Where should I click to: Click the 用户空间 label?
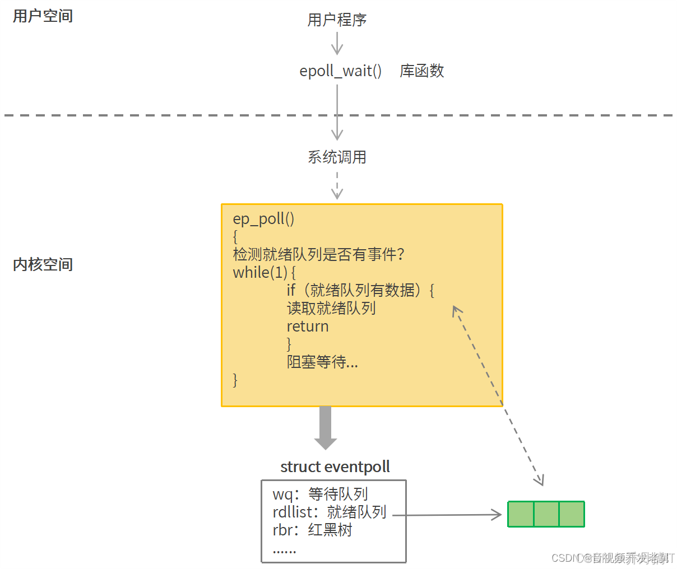pos(43,16)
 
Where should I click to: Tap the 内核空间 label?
pos(43,264)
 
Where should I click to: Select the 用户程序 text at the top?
pos(337,20)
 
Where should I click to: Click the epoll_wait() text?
pos(340,71)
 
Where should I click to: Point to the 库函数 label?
pos(422,71)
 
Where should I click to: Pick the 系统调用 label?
pos(337,157)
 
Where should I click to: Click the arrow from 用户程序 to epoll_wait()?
pos(337,43)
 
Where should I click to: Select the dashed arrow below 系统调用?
pos(337,185)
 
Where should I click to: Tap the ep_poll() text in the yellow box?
pos(263,219)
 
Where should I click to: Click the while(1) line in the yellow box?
pos(263,273)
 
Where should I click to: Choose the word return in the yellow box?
pos(308,327)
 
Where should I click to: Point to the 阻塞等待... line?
pos(322,362)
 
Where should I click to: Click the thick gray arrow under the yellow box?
pos(326,427)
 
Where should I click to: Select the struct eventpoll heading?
pos(335,467)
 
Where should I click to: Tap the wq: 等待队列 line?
pos(320,494)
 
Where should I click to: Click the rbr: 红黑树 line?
pos(312,530)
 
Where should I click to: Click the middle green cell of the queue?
pos(546,514)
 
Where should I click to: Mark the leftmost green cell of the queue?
pos(521,514)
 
